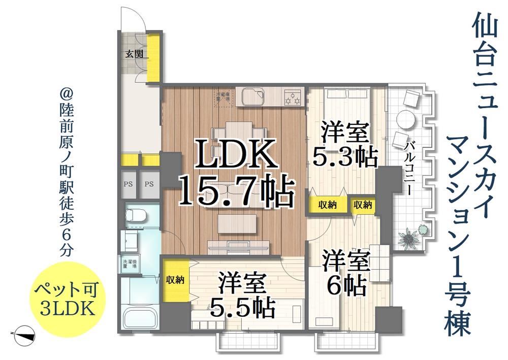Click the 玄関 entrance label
(x=135, y=54)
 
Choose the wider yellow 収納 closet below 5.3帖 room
(x=328, y=205)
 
